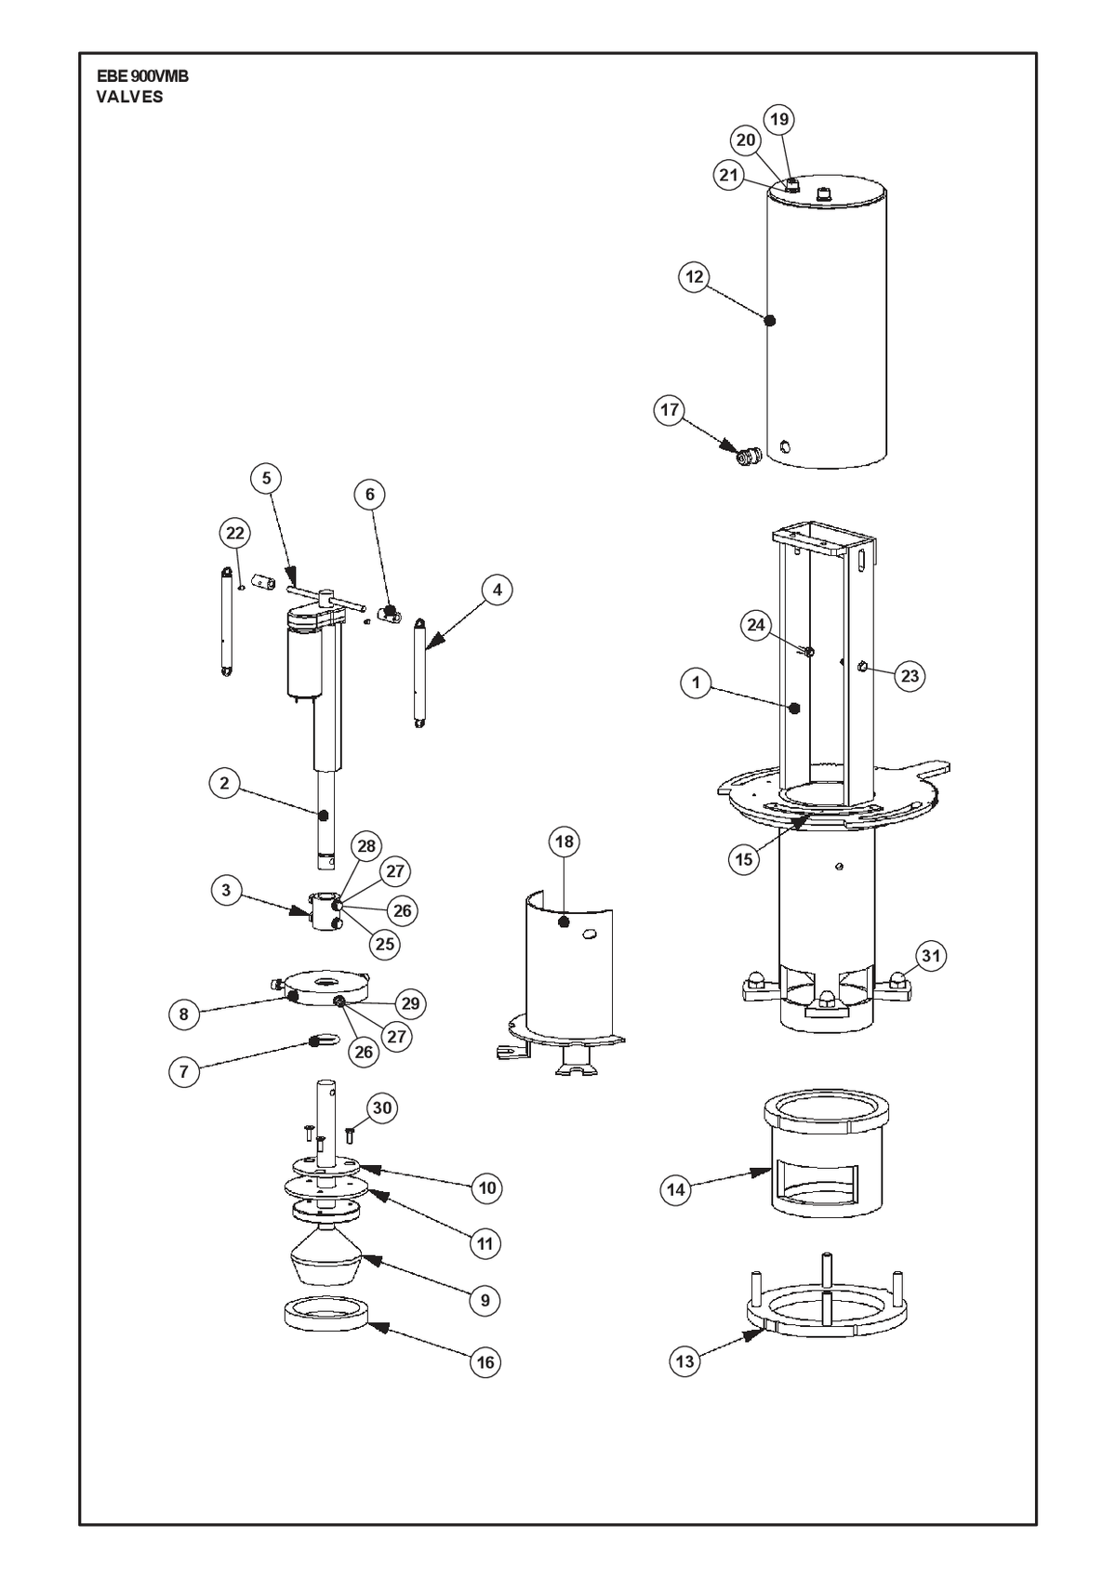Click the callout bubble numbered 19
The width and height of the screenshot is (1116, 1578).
point(779,120)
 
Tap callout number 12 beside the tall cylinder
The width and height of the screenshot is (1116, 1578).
point(695,277)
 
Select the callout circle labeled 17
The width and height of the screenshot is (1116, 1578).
point(670,410)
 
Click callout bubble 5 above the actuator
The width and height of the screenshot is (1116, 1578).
point(266,478)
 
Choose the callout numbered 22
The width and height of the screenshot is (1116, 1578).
point(234,533)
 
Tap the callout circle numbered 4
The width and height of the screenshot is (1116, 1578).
point(498,590)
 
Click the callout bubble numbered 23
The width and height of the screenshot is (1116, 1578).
point(910,676)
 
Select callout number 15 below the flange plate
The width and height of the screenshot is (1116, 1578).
point(744,859)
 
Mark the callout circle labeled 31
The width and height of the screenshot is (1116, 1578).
point(931,956)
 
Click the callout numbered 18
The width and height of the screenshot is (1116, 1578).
point(565,842)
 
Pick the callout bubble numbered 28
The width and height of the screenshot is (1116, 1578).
point(366,845)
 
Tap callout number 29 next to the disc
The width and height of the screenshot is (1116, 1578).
point(410,1003)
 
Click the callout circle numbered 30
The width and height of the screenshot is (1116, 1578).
point(382,1108)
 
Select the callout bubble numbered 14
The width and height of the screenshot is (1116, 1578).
point(676,1190)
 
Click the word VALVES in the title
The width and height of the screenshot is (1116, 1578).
point(129,98)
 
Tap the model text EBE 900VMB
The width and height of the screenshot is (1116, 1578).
point(143,77)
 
